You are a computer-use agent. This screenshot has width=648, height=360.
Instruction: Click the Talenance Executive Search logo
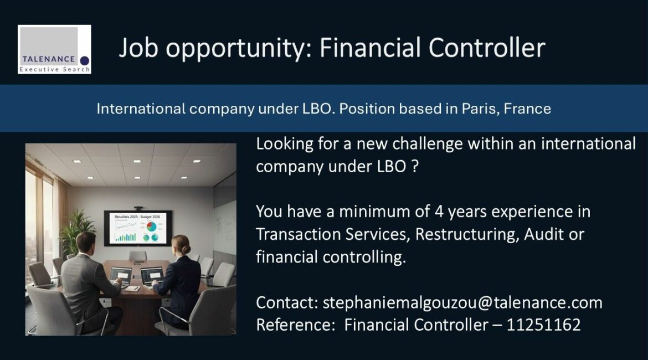(x=54, y=49)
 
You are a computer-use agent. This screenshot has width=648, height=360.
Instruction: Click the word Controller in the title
(x=487, y=48)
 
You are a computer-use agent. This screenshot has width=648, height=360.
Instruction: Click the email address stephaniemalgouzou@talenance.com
(x=462, y=303)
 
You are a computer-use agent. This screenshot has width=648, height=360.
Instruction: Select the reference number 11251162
(x=543, y=325)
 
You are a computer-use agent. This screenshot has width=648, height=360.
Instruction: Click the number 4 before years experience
(x=439, y=212)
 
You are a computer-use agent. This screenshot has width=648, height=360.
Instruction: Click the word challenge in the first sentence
(x=421, y=145)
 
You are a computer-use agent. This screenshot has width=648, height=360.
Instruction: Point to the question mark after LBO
(x=415, y=167)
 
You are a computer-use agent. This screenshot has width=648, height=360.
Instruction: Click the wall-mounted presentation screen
(x=138, y=228)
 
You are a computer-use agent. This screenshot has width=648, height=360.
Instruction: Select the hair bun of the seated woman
(x=187, y=249)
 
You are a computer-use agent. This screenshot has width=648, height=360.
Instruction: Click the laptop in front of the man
(x=121, y=276)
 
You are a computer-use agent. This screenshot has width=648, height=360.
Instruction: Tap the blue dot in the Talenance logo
(x=84, y=61)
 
